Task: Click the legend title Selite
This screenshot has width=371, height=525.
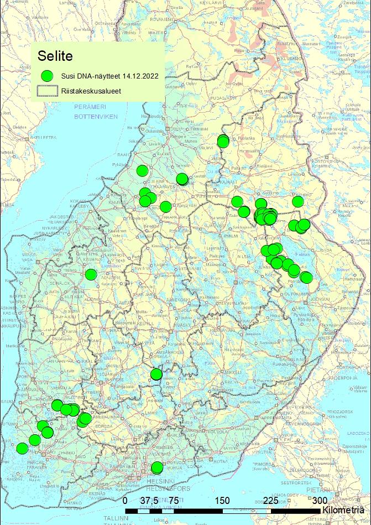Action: click(55, 56)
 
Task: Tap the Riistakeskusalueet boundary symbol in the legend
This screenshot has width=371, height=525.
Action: click(48, 91)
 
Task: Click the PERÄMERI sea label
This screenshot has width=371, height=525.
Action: click(89, 106)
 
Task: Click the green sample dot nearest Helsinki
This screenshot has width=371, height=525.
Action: click(157, 467)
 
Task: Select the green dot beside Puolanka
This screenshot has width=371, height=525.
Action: click(223, 141)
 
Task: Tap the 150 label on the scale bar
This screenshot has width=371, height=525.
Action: click(222, 500)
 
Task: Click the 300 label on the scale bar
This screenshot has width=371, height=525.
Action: click(320, 500)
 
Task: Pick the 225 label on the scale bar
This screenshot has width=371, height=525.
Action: click(271, 500)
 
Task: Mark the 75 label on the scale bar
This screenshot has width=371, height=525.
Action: click(173, 500)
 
